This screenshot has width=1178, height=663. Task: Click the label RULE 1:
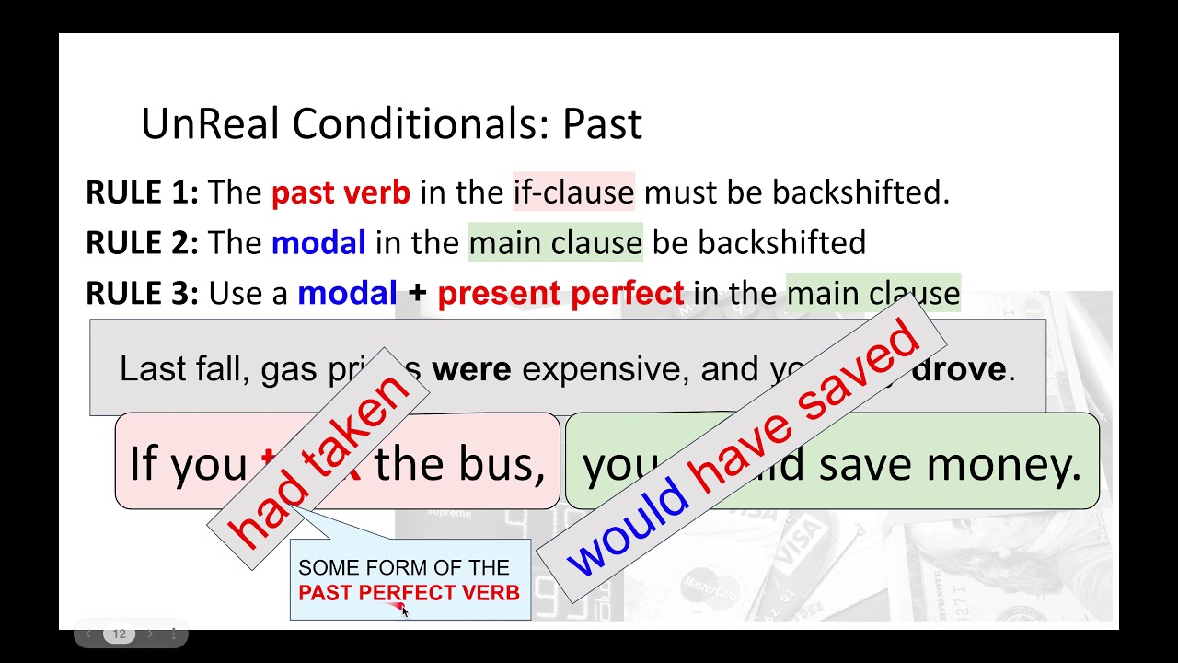142,192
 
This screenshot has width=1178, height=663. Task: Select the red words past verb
341,192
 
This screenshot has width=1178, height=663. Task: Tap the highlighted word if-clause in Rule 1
573,192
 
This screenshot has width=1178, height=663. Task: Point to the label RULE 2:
142,243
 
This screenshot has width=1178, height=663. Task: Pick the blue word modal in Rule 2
318,243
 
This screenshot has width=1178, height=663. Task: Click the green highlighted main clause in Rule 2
555,243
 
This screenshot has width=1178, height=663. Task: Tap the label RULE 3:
142,294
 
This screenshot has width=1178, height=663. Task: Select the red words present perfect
560,294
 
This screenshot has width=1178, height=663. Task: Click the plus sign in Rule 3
418,294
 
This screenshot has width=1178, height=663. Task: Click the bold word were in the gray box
471,369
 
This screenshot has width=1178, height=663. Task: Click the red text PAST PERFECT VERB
409,593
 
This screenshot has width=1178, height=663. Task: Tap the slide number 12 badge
119,634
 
